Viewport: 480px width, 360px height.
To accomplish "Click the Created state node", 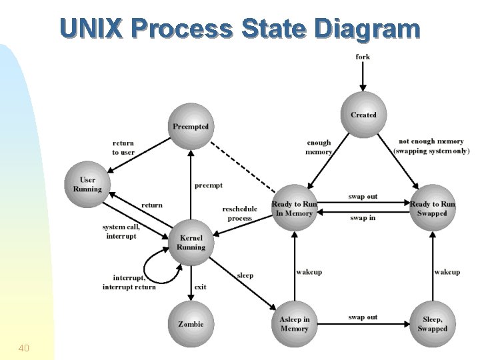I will [363, 115].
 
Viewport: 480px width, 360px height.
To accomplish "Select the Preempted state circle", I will [191, 126].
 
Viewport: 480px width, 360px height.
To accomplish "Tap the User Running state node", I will [87, 184].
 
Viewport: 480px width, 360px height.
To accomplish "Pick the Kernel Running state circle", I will [191, 243].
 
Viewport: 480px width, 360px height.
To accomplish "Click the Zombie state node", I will [191, 324].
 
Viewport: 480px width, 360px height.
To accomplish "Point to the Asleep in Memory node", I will [294, 324].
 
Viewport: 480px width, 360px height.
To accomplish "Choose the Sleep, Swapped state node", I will [433, 324].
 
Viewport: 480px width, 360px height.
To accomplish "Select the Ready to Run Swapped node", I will [433, 208].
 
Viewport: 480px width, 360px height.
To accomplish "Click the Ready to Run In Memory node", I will [294, 208].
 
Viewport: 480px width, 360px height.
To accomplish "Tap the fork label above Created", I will [363, 57].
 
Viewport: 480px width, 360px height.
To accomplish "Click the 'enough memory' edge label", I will [319, 147].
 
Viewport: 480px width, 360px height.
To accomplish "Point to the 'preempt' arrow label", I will [208, 185].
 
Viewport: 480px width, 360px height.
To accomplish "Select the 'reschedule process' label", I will [239, 213].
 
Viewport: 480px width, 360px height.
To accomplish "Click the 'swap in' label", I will [363, 218].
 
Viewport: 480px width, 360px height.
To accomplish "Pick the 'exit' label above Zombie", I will [200, 287].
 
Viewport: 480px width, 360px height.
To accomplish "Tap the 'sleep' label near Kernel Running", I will [245, 275].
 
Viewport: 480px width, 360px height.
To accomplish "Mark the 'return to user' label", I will [123, 147].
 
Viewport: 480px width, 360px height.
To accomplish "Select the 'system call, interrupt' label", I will [120, 231].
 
